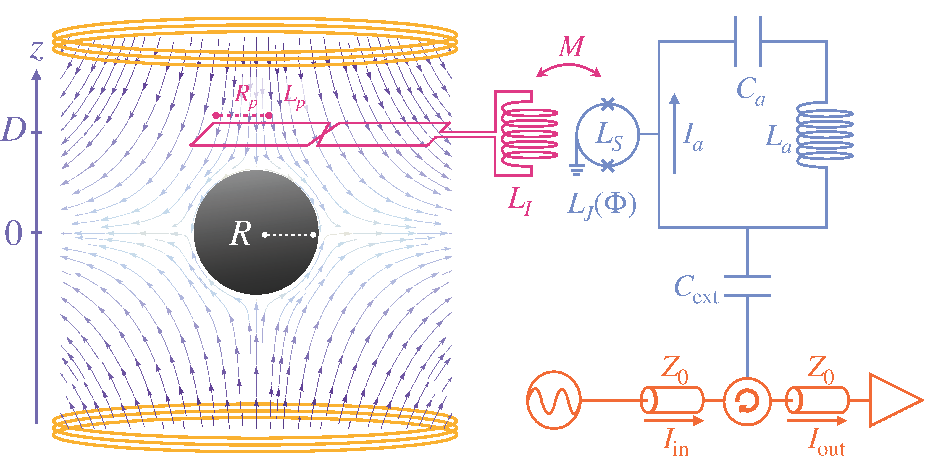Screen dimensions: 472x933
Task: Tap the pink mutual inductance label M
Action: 571,47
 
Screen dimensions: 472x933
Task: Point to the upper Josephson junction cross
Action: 607,104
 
